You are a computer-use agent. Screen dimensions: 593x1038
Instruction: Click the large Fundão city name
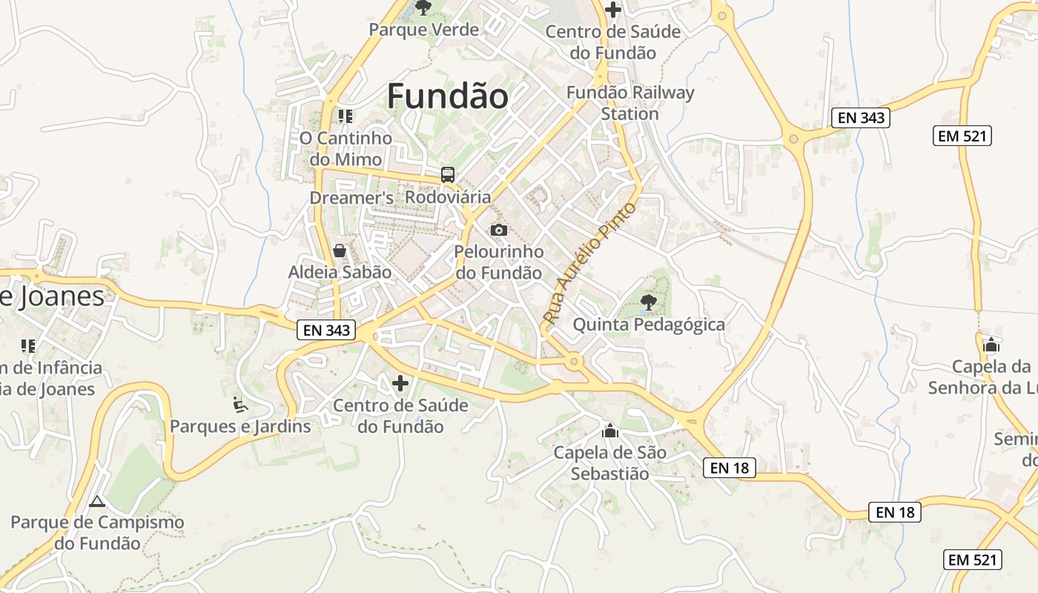[x=448, y=96]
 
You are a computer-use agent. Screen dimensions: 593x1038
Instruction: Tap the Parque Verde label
[x=423, y=30]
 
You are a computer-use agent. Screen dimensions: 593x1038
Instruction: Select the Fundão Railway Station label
[x=630, y=103]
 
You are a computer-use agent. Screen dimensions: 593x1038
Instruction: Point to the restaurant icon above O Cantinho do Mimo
[x=345, y=116]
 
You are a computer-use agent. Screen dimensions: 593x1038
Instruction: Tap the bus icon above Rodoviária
[x=448, y=175]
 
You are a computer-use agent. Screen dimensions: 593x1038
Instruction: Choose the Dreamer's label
[x=351, y=198]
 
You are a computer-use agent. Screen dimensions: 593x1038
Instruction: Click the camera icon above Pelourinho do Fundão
[x=499, y=230]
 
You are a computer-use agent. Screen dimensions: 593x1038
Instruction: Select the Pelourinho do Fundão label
[x=498, y=262]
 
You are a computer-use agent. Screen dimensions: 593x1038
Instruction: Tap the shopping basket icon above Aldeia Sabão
[x=340, y=251]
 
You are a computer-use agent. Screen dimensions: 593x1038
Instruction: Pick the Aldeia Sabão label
[x=340, y=272]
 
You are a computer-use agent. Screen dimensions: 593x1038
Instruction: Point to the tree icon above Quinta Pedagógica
[x=649, y=302]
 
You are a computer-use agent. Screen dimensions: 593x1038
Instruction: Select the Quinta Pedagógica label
[x=649, y=325]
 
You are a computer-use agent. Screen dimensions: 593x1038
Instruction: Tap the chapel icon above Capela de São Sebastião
[x=610, y=431]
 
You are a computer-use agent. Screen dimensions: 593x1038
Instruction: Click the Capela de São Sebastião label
[x=610, y=463]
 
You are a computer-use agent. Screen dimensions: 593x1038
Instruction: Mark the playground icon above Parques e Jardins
[x=240, y=404]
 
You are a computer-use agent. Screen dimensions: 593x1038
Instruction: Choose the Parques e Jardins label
[x=240, y=426]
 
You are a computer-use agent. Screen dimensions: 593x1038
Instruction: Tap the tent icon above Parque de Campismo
[x=97, y=501]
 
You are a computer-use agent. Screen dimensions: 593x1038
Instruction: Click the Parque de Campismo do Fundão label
[x=97, y=532]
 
